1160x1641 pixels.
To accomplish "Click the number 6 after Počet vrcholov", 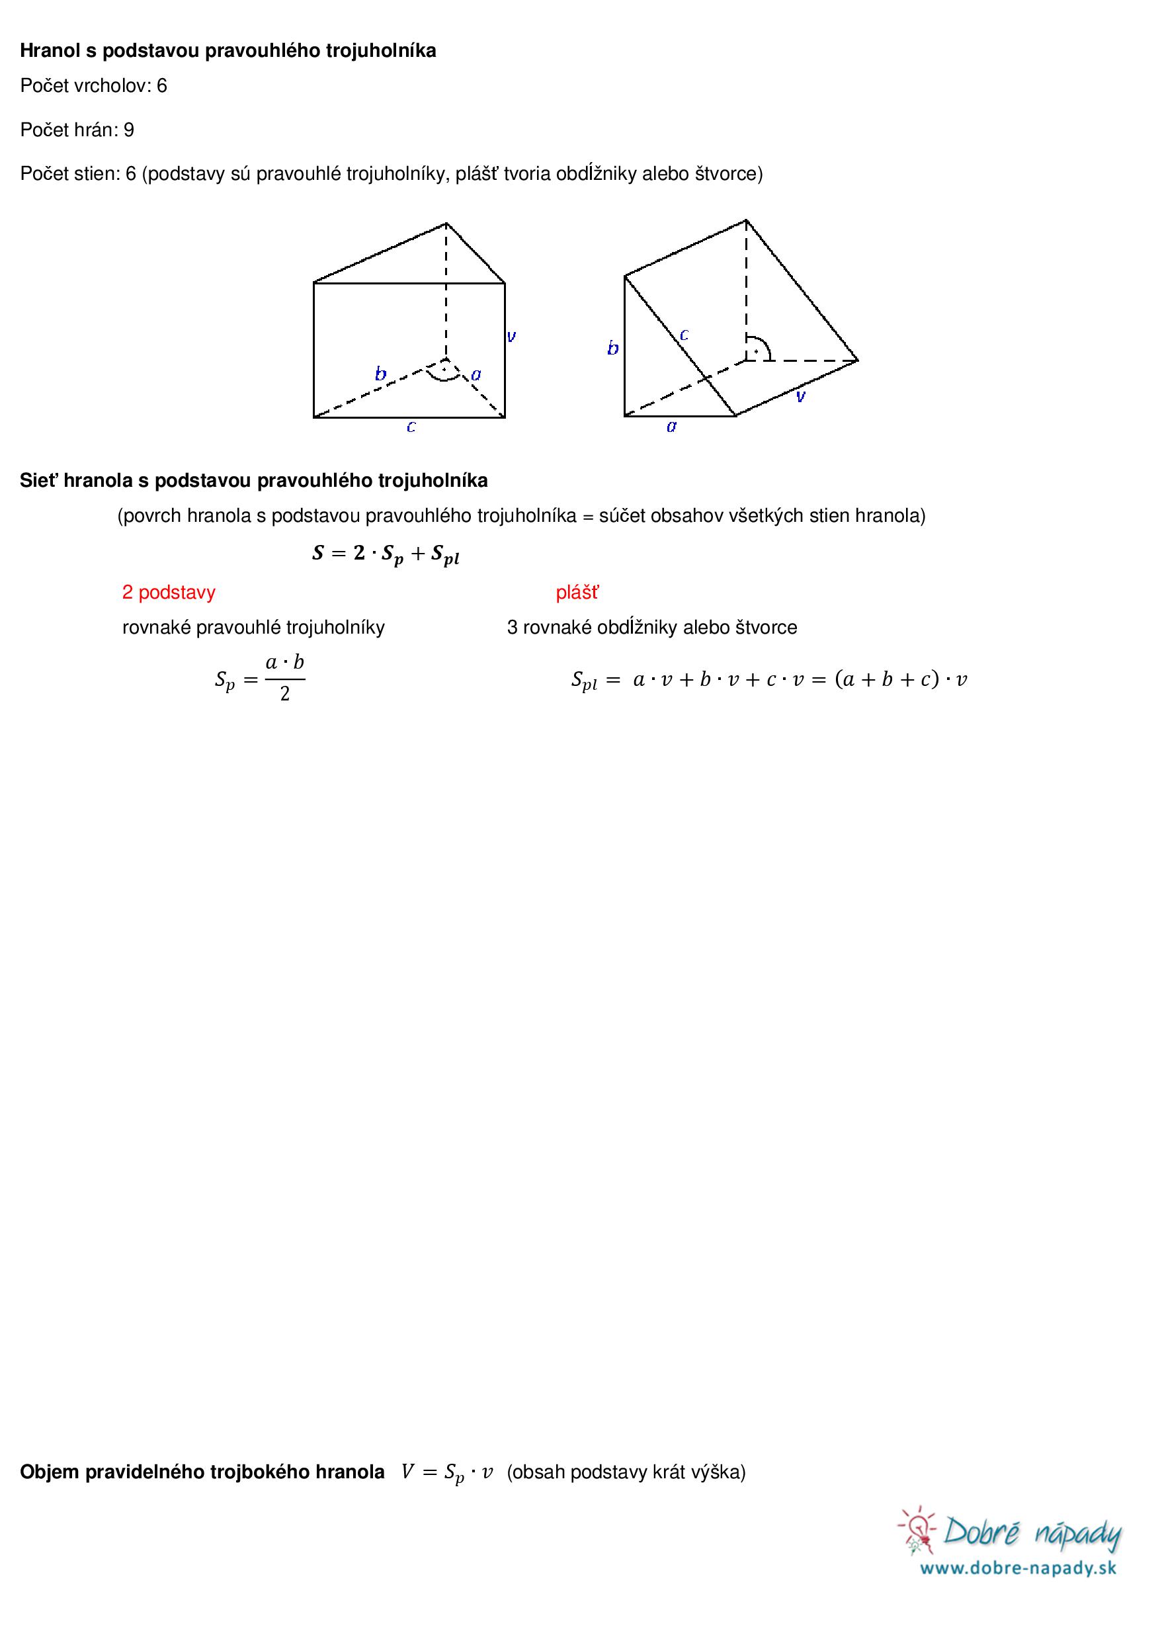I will coord(161,86).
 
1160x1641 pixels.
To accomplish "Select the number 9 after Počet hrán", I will coord(129,130).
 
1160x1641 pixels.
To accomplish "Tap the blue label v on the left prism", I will coord(512,335).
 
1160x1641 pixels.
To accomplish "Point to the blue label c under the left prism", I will coord(411,427).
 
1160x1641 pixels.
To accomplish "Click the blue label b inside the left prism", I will coord(381,373).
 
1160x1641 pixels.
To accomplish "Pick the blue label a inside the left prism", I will coord(476,374).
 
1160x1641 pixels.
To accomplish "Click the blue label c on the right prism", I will coord(684,334).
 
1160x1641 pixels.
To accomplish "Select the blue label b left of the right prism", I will coord(612,348).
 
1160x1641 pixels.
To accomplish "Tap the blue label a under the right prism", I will coord(671,427).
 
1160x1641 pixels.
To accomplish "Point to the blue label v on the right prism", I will coord(800,396).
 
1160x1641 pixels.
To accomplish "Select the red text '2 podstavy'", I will coord(169,592).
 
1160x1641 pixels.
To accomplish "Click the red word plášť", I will coord(577,592).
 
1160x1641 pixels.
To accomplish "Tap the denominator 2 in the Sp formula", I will coord(284,694).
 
